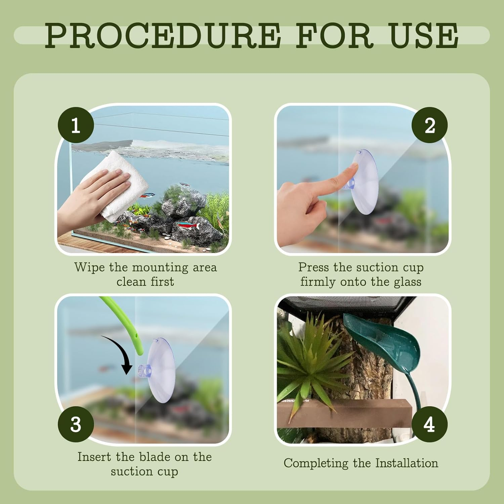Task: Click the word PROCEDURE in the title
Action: pyautogui.click(x=163, y=35)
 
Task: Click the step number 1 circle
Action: pyautogui.click(x=76, y=125)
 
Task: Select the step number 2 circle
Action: pyautogui.click(x=430, y=125)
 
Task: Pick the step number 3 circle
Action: pyautogui.click(x=76, y=424)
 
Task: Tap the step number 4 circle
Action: pyautogui.click(x=430, y=424)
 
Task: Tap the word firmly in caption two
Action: pyautogui.click(x=318, y=282)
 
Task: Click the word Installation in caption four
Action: pyautogui.click(x=407, y=463)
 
